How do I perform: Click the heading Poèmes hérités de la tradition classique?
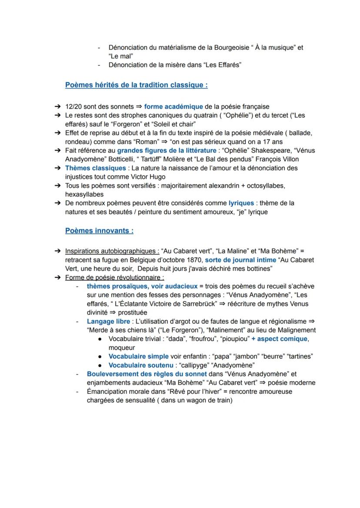click(136, 85)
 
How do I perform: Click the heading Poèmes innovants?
click(99, 231)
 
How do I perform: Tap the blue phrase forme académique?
click(173, 106)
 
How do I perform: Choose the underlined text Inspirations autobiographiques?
click(112, 251)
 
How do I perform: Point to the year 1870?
click(190, 260)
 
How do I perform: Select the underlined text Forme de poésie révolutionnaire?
click(115, 277)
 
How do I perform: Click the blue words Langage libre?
click(108, 322)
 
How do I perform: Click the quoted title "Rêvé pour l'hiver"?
click(194, 392)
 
